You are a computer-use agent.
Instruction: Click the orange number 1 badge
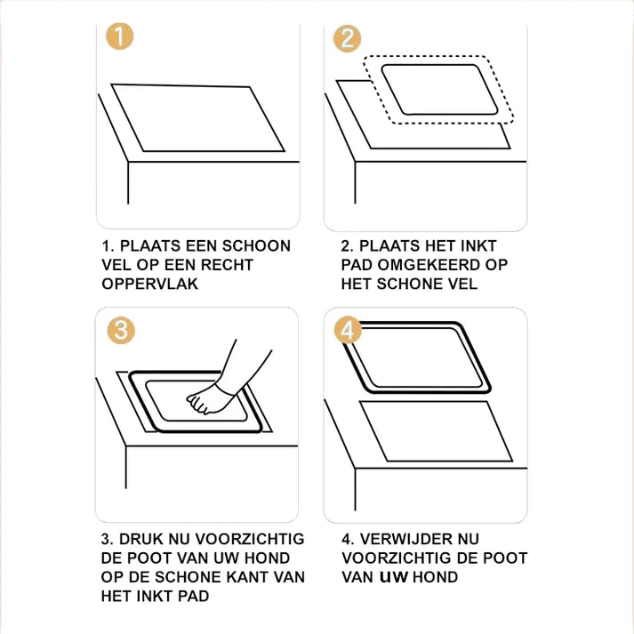pos(120,36)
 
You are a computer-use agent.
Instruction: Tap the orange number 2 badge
pos(347,39)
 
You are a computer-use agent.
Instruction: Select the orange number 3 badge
pos(121,331)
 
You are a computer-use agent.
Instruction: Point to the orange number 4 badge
pos(348,330)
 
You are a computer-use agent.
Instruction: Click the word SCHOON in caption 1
pos(256,245)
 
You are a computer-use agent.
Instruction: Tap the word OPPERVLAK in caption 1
pos(150,284)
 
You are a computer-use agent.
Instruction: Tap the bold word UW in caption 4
pos(394,577)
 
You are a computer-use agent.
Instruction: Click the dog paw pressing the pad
pos(208,399)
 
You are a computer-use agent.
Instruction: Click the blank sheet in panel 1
pos(198,118)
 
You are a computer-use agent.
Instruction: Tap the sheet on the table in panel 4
pos(436,431)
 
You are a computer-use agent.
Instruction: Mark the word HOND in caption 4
pos(435,577)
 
